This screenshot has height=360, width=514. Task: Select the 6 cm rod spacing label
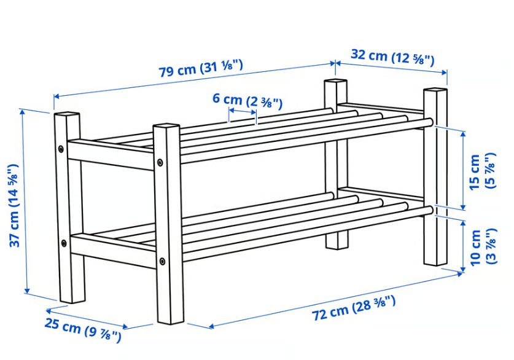point(247,100)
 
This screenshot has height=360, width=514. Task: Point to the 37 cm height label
point(14,206)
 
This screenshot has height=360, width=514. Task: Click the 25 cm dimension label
point(83,329)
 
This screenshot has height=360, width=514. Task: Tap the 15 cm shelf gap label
point(482,171)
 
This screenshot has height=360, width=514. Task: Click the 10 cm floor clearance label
point(483,247)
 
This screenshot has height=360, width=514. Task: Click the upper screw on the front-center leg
point(160,162)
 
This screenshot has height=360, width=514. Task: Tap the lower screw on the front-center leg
point(162,261)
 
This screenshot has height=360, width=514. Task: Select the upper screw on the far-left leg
point(61,149)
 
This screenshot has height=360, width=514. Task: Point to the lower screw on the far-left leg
point(64,243)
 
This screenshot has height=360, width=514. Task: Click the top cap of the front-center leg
point(166,125)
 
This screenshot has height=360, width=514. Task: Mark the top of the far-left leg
point(67,114)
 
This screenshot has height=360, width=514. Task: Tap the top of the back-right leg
point(435,89)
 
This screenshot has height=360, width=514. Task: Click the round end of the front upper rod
point(429,123)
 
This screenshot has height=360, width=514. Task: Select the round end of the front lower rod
point(430,210)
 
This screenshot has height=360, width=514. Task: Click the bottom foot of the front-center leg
point(171,320)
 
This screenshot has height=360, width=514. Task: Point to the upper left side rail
point(111,154)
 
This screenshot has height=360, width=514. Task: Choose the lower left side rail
point(113,250)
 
